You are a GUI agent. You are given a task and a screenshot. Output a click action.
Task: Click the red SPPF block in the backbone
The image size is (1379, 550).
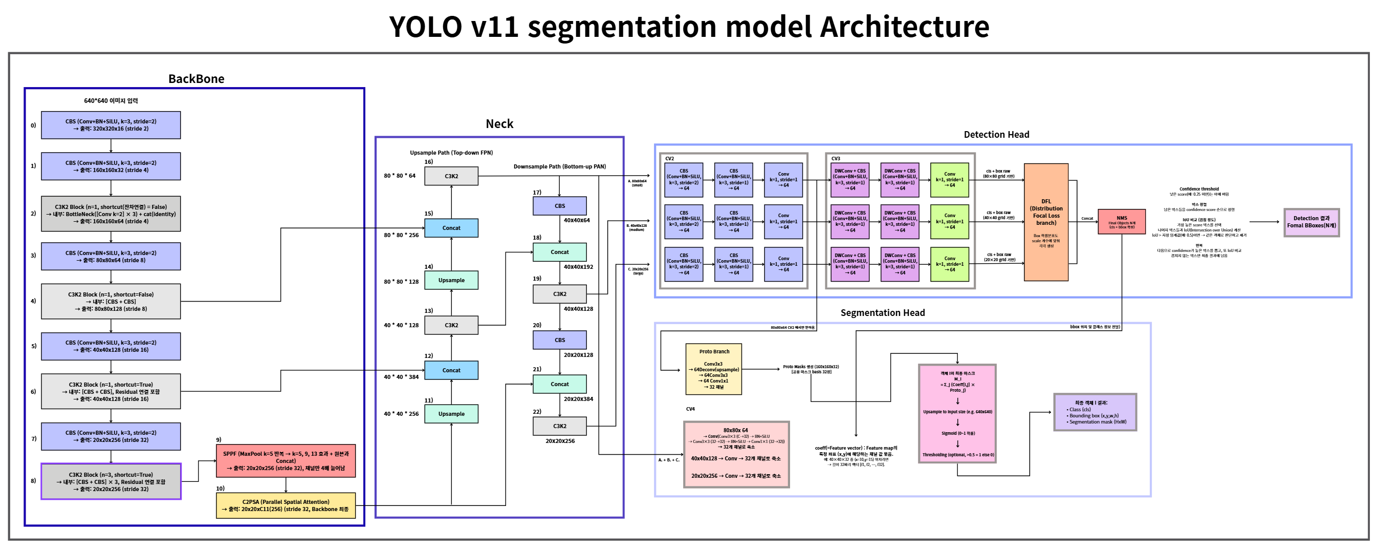coord(286,460)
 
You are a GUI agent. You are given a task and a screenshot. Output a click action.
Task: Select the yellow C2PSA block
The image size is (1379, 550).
coord(286,505)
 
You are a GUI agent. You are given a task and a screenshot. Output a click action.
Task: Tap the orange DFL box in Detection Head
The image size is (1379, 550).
coord(1045,222)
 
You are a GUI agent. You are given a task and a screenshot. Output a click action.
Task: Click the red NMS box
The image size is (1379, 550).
coord(1122,221)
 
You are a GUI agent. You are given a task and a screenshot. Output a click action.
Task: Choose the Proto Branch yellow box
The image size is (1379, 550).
coord(713,369)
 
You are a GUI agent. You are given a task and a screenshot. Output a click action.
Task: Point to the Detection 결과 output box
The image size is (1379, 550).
coord(1311,222)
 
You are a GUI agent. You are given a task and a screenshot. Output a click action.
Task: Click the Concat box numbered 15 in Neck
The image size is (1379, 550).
coord(451,227)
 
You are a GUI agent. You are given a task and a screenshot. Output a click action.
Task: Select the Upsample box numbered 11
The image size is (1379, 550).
coord(451,413)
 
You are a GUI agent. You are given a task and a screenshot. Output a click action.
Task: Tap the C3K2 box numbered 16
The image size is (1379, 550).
coord(451,176)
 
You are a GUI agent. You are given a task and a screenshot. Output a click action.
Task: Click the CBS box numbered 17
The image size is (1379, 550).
coord(559,206)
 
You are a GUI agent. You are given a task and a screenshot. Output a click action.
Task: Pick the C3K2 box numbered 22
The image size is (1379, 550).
coord(559,426)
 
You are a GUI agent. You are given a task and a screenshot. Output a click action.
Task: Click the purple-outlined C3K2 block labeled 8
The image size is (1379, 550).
coord(111,481)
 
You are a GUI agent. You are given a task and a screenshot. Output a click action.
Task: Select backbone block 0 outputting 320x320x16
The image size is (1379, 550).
coord(111,125)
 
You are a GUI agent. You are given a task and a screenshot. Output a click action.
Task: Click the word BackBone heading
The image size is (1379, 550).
coord(196,79)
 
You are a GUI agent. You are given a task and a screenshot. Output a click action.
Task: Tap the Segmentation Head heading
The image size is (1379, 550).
coord(882,313)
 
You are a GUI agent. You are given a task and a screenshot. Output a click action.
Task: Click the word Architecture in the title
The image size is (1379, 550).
coord(904,27)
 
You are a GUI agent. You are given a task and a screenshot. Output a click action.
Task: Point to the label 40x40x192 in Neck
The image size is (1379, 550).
coord(578,267)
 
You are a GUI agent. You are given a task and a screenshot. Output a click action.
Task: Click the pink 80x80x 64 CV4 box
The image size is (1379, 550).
coord(736,454)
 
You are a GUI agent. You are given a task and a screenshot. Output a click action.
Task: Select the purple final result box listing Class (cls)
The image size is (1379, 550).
coord(1095,412)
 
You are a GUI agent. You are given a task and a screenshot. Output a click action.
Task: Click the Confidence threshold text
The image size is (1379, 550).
coord(1198,189)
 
